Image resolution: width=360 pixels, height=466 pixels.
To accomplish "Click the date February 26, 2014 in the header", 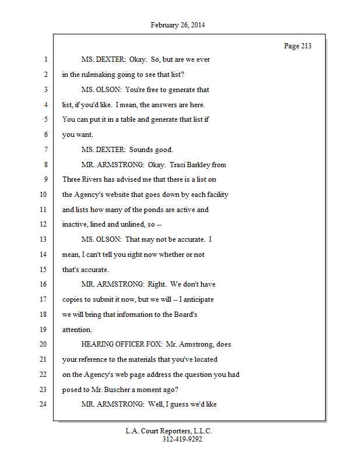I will click(178, 25).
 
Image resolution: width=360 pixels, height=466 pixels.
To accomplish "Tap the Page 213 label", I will click(298, 46).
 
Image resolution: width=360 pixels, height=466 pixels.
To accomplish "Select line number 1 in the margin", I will click(45, 60).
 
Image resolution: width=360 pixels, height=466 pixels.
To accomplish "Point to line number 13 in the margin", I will click(43, 239).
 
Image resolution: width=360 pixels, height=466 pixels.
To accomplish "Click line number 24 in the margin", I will click(43, 404).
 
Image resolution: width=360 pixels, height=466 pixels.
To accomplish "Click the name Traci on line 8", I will click(182, 165).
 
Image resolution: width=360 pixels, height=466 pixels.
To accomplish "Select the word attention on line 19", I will click(76, 329).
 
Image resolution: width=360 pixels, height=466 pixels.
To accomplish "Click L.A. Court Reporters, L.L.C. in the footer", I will click(169, 432).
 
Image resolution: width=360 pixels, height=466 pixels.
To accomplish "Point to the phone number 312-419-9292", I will click(182, 440).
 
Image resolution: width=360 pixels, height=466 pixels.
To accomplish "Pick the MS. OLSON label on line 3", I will click(101, 90).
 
